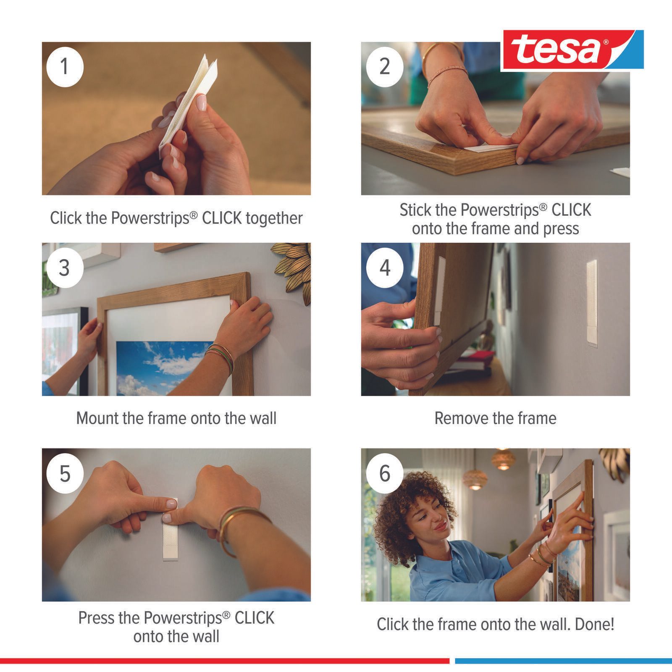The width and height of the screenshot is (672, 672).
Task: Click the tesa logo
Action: (572, 49)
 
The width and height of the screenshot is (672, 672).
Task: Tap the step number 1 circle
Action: (65, 67)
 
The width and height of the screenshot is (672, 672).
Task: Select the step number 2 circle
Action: (385, 67)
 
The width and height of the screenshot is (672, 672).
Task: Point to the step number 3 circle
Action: (65, 268)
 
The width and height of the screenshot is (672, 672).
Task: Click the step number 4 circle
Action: (385, 268)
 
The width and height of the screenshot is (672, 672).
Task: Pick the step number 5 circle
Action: (65, 473)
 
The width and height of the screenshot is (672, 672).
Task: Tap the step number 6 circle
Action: (385, 473)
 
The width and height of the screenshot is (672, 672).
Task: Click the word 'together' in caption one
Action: (274, 218)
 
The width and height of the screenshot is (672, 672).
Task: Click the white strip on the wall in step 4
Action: (592, 303)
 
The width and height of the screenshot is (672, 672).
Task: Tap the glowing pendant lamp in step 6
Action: (475, 480)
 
